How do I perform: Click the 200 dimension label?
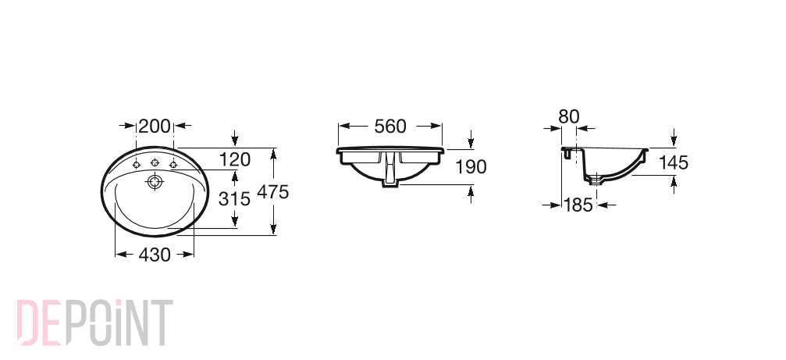pos(155,127)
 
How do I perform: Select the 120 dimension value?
pos(235,159)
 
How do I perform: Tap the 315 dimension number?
pos(234,199)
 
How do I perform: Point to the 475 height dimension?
pos(272,191)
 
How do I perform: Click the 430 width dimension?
pos(155,255)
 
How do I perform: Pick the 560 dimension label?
pos(390,127)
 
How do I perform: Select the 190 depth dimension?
pos(470,166)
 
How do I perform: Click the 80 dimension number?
pos(568,116)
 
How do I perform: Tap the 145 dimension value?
pos(674,162)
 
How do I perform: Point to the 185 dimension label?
pos(578,205)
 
